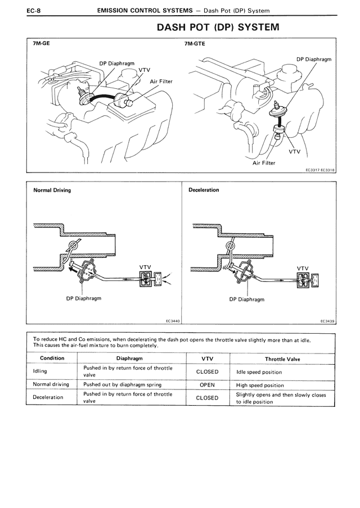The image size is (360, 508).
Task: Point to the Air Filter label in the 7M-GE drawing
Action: point(161,81)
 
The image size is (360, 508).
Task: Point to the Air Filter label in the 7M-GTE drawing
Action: point(264,163)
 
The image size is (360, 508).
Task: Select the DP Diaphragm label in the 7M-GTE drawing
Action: point(313,59)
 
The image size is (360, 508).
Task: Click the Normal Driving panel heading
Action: point(52,190)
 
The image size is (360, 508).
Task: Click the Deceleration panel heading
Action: point(204,190)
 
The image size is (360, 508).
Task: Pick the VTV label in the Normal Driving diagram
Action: point(145,267)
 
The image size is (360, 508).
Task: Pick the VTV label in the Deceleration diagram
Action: point(303,268)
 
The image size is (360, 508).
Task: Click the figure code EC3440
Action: point(172,321)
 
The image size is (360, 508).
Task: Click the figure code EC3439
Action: point(327,321)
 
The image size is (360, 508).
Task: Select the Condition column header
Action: point(51,358)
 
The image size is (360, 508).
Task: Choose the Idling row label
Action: point(37,371)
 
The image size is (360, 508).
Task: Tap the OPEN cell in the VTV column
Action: point(208,385)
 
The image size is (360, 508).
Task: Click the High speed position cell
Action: point(260,385)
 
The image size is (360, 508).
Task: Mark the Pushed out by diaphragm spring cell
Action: point(122,385)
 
